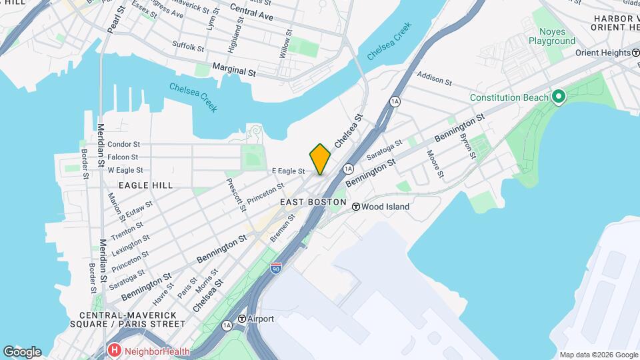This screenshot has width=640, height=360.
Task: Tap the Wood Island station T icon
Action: pos(357,207)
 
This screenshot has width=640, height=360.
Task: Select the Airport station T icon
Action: pos(241,319)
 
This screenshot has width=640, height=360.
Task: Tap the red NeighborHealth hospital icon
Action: pos(115,350)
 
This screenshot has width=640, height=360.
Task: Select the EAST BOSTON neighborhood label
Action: pos(313,202)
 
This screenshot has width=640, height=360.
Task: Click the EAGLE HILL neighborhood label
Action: pos(145,185)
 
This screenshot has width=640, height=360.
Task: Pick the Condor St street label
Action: pos(123,144)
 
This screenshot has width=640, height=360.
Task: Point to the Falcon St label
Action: pos(123,157)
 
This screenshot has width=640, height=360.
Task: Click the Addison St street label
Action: pos(435,80)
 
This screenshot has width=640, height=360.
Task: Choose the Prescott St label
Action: pos(235,195)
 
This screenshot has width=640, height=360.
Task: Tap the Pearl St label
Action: pos(116,19)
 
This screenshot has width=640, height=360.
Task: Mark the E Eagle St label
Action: pos(288,171)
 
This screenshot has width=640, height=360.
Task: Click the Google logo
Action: pos(22,352)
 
